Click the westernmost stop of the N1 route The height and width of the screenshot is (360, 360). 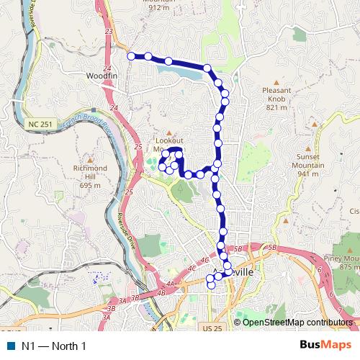pyautogui.click(x=131, y=55)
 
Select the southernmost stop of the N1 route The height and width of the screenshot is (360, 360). pyautogui.click(x=211, y=285)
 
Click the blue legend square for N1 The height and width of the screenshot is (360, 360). pyautogui.click(x=9, y=346)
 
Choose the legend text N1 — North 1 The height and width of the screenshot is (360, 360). pyautogui.click(x=54, y=346)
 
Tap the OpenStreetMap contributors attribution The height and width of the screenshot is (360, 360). pyautogui.click(x=296, y=322)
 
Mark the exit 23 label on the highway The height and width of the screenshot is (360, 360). pyautogui.click(x=108, y=32)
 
